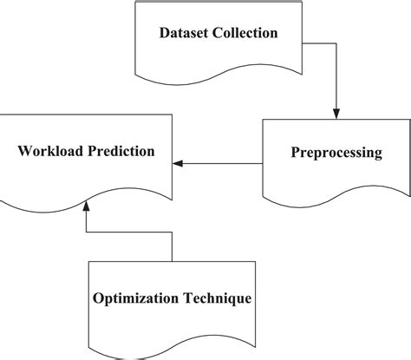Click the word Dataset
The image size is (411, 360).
[186, 34]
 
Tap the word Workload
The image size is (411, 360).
[51, 151]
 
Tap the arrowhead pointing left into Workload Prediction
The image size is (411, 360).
[179, 162]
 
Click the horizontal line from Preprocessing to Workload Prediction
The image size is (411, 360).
[221, 162]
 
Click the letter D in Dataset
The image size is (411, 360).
[166, 34]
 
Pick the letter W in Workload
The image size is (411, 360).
[24, 151]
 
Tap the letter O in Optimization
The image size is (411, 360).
[98, 298]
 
